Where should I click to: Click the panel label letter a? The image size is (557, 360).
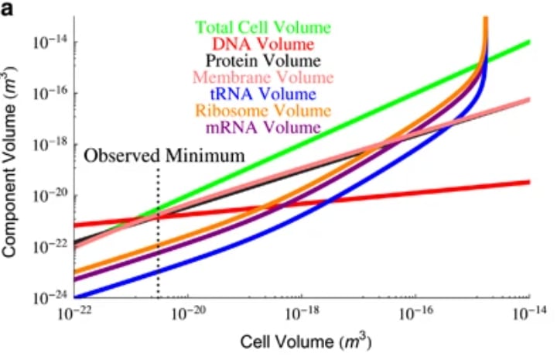point(9,12)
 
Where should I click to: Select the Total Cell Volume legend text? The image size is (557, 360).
point(263,27)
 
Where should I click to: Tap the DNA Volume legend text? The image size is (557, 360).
point(264,44)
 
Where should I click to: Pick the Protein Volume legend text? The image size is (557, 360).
point(264,60)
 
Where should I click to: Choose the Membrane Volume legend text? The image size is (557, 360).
point(264,77)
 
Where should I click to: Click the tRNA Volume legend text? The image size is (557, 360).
point(264,94)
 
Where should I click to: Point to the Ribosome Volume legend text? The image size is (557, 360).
point(264,111)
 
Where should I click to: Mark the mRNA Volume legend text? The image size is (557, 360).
point(264,127)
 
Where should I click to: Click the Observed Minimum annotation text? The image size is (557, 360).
point(164,156)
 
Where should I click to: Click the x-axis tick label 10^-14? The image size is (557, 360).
point(529,313)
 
